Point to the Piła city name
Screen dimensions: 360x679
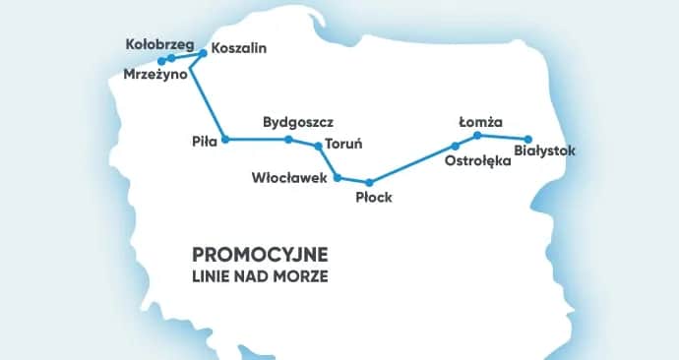coord(204,142)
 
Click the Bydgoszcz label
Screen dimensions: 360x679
coord(298,123)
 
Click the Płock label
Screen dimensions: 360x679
coord(374,198)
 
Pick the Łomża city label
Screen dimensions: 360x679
coord(481,123)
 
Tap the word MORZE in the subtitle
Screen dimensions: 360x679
coord(304,276)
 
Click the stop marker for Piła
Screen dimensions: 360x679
coord(225,140)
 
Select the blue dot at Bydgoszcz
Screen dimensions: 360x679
coord(288,140)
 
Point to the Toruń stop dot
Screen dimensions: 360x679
coord(317,146)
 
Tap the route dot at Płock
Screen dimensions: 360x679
coord(369,183)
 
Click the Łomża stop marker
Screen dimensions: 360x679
coord(476,135)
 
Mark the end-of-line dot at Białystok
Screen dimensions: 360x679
coord(528,139)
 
